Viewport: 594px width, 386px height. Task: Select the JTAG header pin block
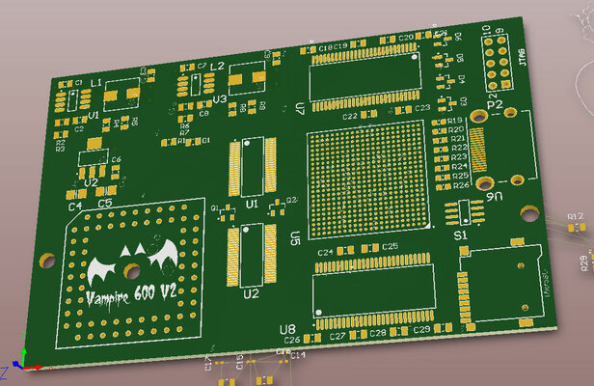499,60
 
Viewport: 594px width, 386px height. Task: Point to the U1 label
252,205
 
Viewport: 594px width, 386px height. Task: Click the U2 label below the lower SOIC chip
251,292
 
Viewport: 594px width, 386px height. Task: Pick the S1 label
460,234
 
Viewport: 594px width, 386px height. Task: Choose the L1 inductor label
96,85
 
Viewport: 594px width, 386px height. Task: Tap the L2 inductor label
217,66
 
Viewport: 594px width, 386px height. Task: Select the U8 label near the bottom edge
287,330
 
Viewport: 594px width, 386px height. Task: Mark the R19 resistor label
458,120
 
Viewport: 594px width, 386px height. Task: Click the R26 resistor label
461,185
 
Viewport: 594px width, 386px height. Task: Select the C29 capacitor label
421,331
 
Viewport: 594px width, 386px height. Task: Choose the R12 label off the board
575,215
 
